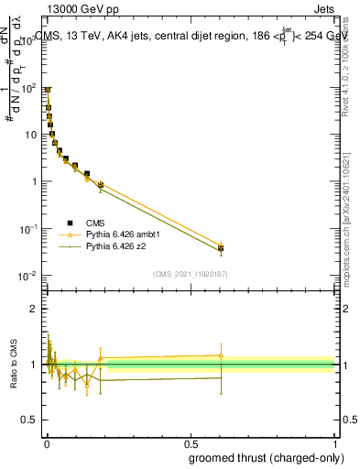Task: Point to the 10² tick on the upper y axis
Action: click(29, 88)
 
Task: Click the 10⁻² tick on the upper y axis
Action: click(29, 276)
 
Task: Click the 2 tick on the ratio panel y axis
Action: click(35, 309)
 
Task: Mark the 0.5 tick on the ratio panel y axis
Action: click(30, 421)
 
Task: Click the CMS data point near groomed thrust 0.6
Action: click(221, 248)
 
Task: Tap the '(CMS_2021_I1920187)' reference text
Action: click(191, 274)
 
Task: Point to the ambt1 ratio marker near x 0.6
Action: click(221, 355)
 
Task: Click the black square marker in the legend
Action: click(70, 223)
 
